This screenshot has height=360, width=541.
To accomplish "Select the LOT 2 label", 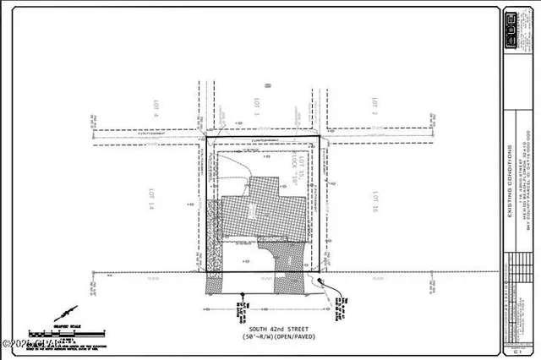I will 373,106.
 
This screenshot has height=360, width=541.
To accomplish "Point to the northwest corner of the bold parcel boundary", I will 206,135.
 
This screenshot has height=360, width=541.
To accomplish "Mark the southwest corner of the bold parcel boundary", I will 207,272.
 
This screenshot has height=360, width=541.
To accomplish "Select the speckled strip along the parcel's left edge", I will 214,245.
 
